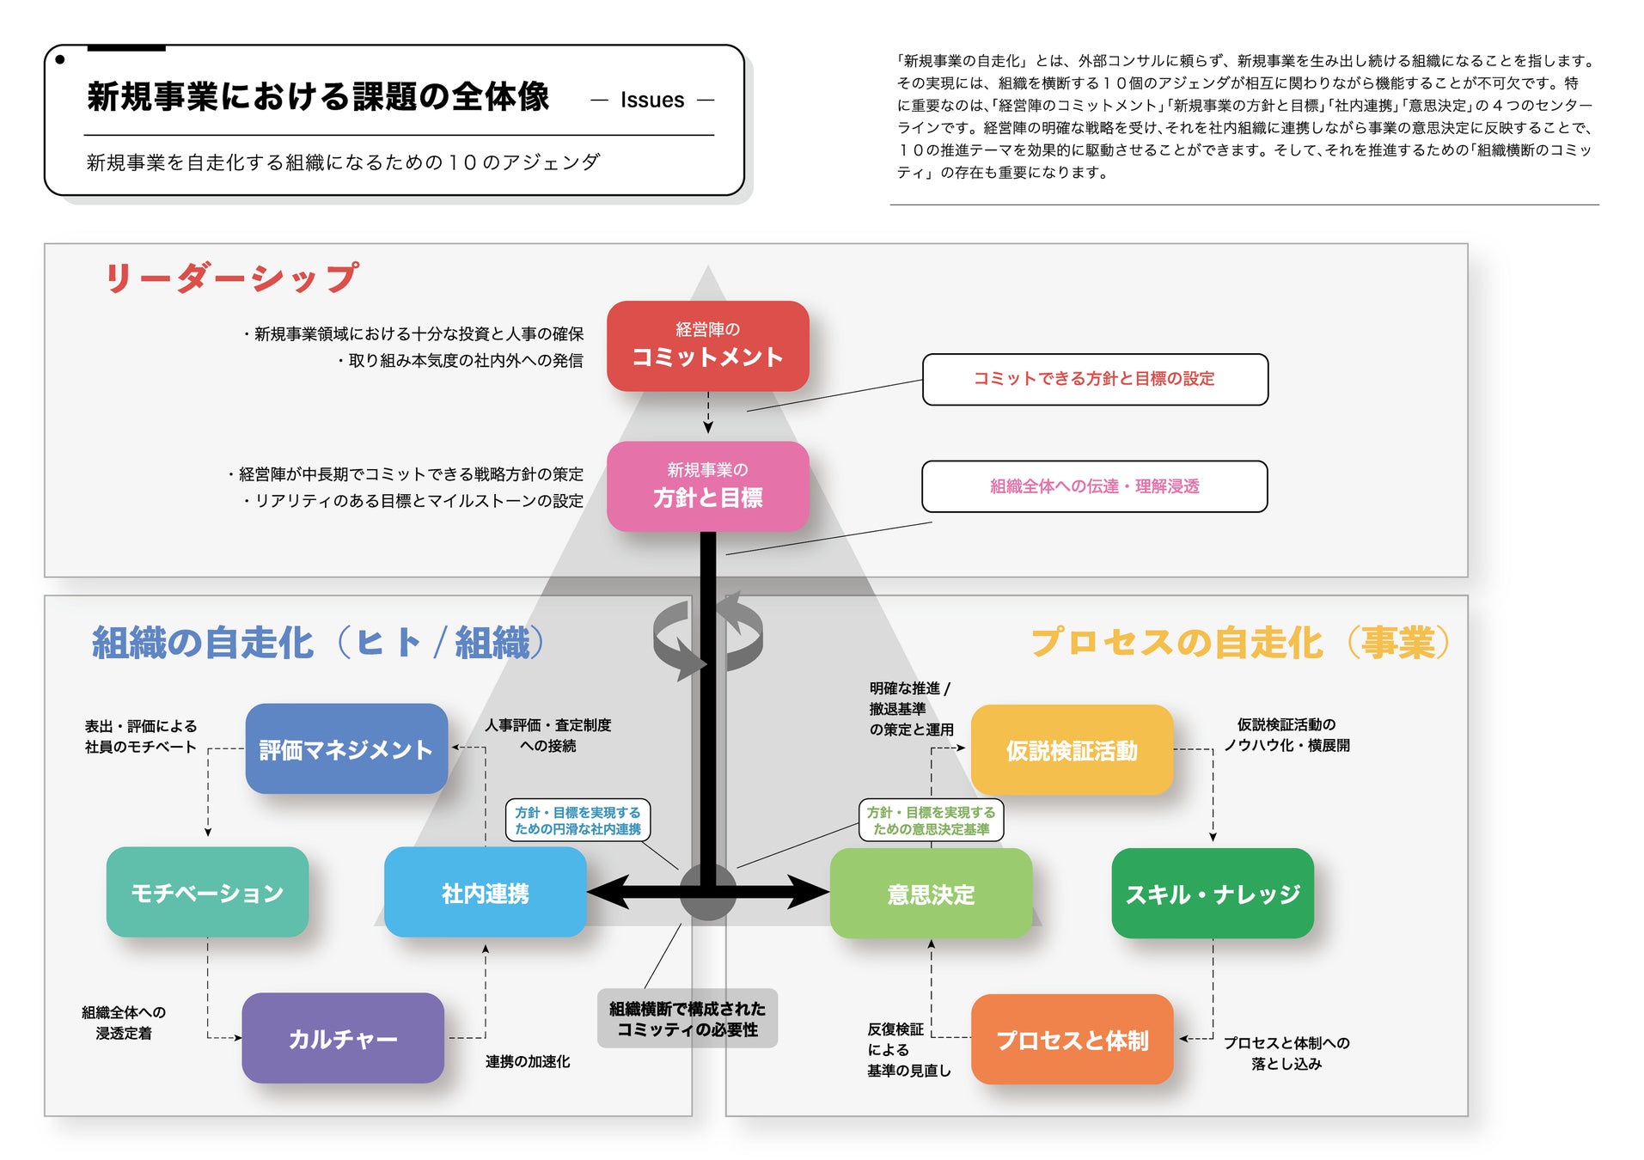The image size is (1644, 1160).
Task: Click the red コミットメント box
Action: [707, 345]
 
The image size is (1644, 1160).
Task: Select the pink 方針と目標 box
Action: [707, 485]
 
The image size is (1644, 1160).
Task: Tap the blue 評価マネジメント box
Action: [346, 749]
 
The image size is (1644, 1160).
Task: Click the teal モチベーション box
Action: [207, 892]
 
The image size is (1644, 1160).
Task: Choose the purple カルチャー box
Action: [343, 1038]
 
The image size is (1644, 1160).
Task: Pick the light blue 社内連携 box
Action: [485, 893]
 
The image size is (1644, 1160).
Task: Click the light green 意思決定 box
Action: [931, 894]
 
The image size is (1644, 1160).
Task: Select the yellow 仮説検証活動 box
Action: [1072, 750]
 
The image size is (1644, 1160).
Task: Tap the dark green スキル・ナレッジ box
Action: [1212, 894]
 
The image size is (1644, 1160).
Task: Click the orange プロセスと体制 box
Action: [1072, 1040]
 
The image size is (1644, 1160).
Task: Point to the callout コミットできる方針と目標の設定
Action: [1094, 379]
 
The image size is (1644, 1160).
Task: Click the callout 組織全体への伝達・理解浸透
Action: [1094, 486]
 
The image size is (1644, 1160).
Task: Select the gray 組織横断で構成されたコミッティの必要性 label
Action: [687, 1018]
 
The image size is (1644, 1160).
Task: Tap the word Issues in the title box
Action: [652, 100]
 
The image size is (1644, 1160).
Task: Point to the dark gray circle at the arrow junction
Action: [707, 893]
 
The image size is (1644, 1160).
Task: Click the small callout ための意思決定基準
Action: [931, 821]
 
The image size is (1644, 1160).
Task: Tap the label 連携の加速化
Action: [527, 1062]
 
